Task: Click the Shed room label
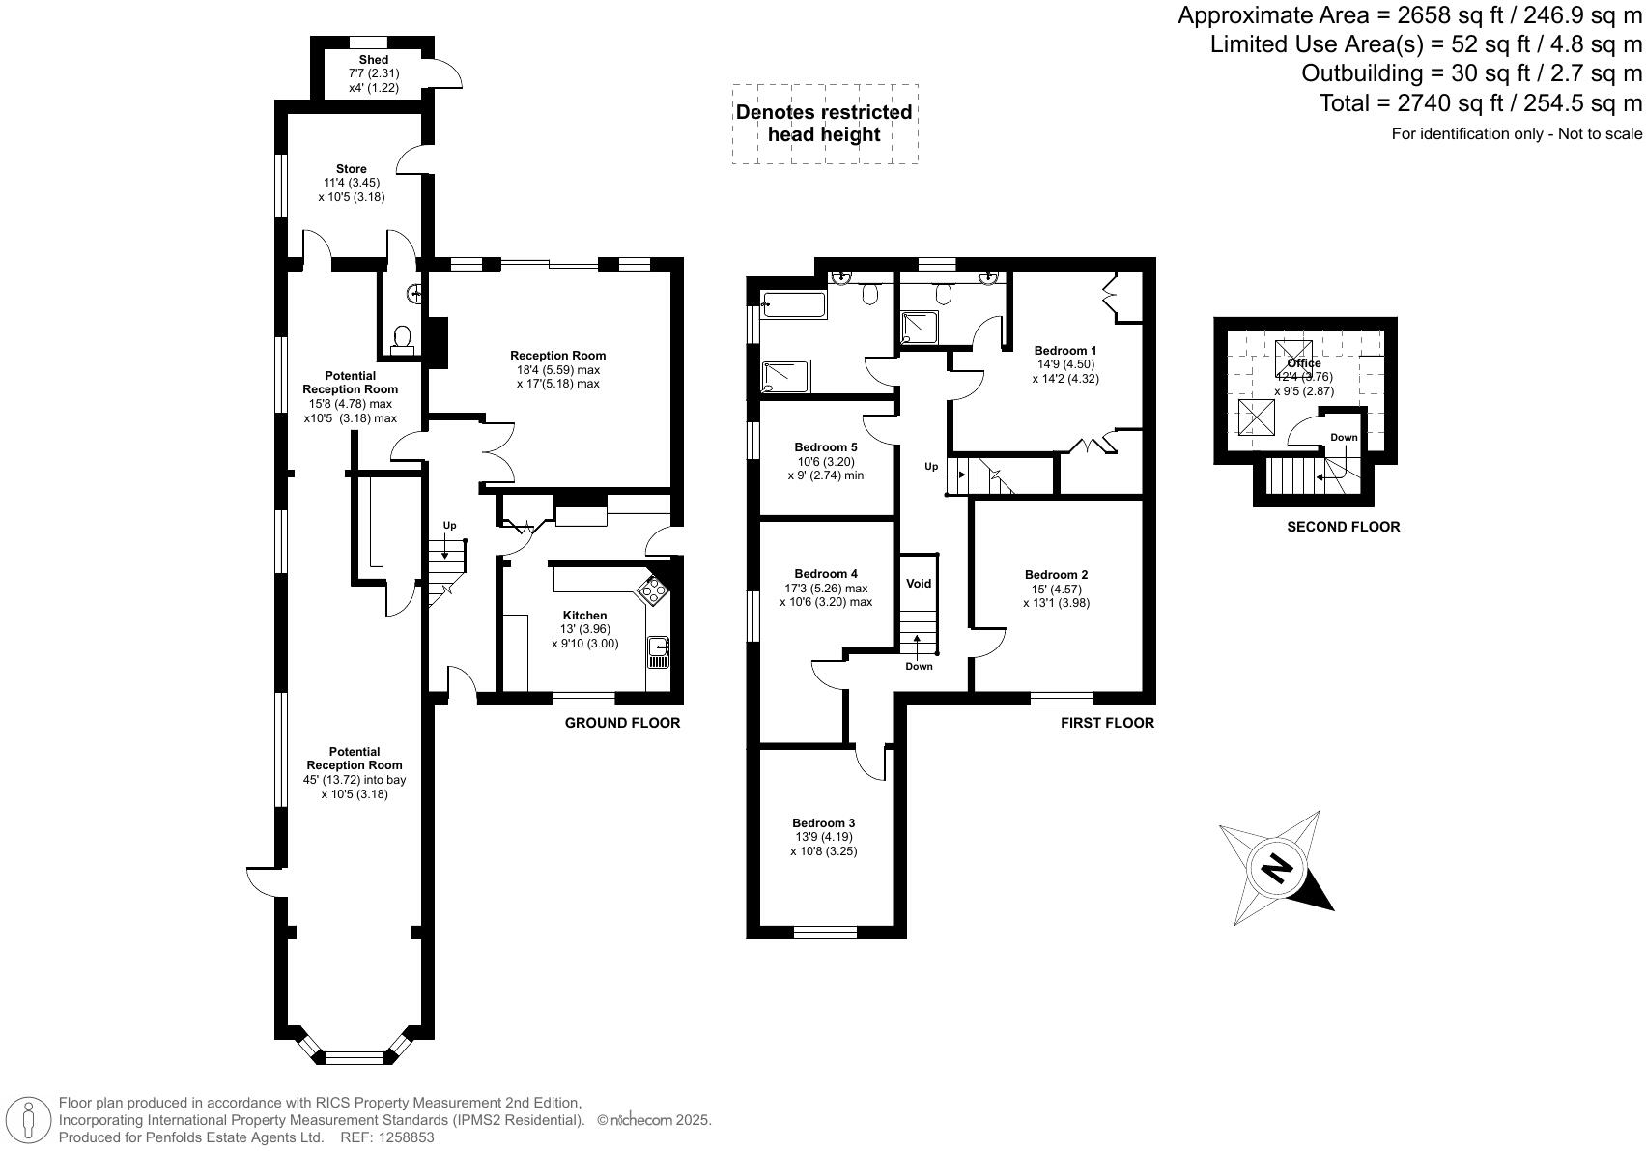click(373, 60)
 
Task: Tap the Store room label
click(352, 169)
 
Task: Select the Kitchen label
click(585, 616)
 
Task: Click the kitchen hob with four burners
click(653, 589)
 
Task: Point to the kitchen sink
click(659, 652)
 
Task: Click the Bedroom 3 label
click(823, 823)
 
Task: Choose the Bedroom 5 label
click(825, 446)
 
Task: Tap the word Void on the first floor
click(919, 583)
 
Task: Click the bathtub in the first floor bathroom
click(794, 304)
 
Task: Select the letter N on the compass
click(1276, 870)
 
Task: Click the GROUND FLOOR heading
click(622, 723)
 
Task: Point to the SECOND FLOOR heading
click(1344, 527)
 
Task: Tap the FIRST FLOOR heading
click(1107, 723)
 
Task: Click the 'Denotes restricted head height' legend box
click(825, 124)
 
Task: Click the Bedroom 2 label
click(1056, 575)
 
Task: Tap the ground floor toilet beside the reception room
click(401, 339)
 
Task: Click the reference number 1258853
click(407, 1137)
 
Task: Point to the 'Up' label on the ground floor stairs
click(450, 526)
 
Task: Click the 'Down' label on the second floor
click(1344, 438)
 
